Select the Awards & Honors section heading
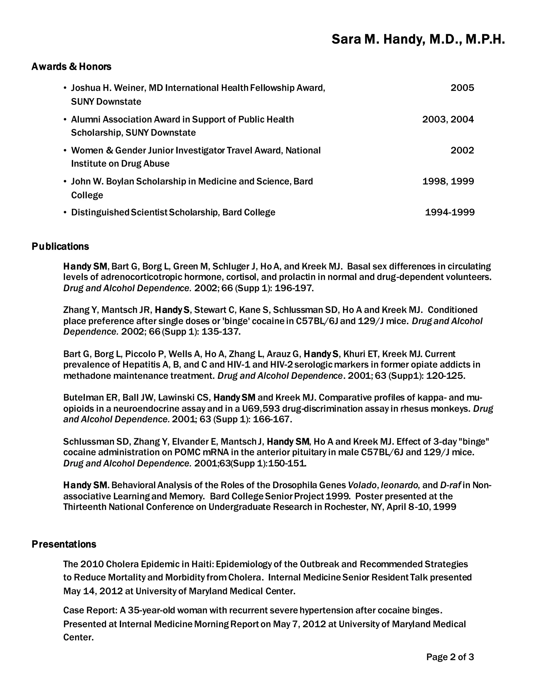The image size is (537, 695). pos(71,67)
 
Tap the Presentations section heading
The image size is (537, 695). pos(64,544)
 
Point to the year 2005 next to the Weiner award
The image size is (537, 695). pos(462,88)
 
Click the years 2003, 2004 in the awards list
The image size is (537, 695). pos(448,119)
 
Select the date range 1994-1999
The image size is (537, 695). pos(449,212)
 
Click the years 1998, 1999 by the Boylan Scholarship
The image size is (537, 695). pos(448,181)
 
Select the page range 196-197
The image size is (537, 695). pos(294,288)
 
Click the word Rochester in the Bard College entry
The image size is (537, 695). pos(346,507)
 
